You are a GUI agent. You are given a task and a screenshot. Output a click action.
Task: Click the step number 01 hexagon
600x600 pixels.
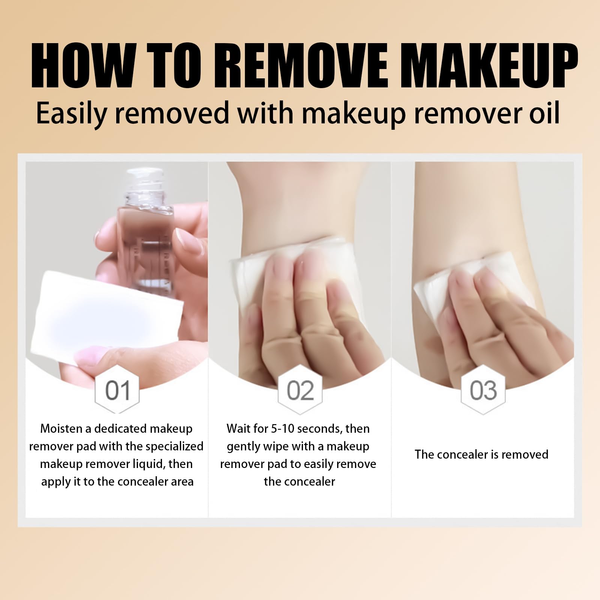point(117,390)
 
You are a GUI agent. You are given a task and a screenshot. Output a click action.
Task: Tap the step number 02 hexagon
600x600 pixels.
point(300,390)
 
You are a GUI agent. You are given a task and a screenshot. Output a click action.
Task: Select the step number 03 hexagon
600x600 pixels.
point(483,390)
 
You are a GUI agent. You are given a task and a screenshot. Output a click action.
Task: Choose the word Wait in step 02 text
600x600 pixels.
point(238,428)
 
